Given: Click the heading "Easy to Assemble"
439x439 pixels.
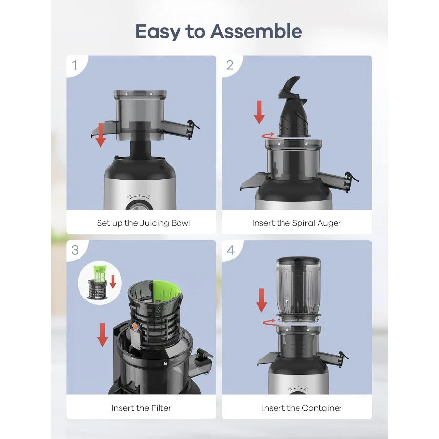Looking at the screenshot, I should tap(219, 32).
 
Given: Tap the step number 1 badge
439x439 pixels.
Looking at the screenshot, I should tap(75, 65).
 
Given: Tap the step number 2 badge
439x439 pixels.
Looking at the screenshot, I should tap(230, 65).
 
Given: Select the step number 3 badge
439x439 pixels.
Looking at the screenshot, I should tap(75, 250).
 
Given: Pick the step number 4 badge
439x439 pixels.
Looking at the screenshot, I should tap(230, 250).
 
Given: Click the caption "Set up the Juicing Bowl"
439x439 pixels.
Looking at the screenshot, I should tap(143, 223).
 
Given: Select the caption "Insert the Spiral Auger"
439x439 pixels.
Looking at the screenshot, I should tap(297, 223).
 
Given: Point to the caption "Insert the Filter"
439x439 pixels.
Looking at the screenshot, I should tap(141, 408).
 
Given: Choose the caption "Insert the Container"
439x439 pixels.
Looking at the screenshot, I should tap(302, 408).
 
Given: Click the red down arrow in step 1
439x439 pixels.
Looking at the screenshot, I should tap(100, 135).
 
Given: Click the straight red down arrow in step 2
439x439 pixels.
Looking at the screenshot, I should tap(259, 113).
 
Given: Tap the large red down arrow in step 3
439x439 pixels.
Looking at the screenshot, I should tap(102, 335).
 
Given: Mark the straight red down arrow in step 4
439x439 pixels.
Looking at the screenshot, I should tap(262, 300).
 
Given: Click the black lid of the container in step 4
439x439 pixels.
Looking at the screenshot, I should tap(298, 261).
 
